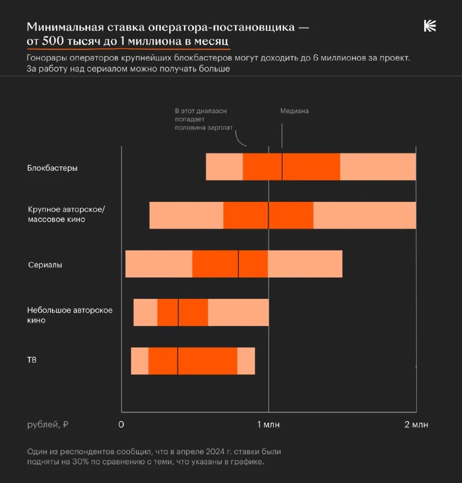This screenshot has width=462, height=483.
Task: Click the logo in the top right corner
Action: (429, 25)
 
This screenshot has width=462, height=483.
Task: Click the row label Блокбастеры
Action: (52, 168)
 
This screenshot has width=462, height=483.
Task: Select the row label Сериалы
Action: (45, 265)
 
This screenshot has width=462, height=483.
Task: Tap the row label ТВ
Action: (33, 360)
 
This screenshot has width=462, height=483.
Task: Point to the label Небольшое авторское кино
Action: (70, 315)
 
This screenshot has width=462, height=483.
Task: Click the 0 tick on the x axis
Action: (121, 425)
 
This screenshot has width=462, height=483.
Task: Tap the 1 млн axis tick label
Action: (268, 425)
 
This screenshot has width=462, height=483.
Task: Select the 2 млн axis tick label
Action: (416, 425)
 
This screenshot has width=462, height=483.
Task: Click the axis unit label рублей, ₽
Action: (48, 424)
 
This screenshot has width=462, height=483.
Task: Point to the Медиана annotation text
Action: (294, 111)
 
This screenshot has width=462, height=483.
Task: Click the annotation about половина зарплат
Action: (200, 120)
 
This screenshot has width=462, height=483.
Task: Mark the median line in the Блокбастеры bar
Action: (282, 167)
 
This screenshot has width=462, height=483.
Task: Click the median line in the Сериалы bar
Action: (238, 264)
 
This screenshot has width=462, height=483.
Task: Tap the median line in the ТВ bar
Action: (177, 361)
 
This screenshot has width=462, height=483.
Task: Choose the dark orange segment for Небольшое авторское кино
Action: (193, 312)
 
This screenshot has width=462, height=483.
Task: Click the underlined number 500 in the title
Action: (60, 41)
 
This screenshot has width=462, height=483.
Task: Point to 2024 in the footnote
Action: (196, 452)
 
